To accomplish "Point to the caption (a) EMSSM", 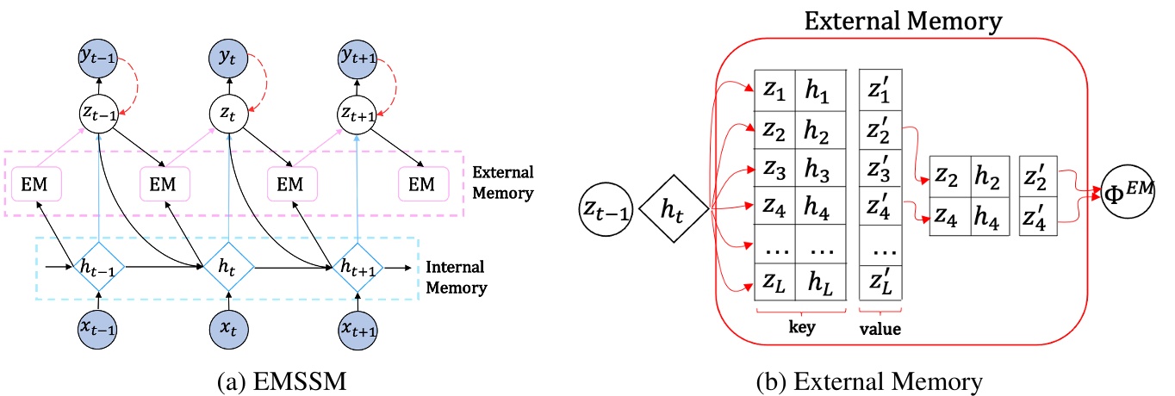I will point(227,378).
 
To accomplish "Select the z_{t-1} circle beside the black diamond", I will point(606,207).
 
